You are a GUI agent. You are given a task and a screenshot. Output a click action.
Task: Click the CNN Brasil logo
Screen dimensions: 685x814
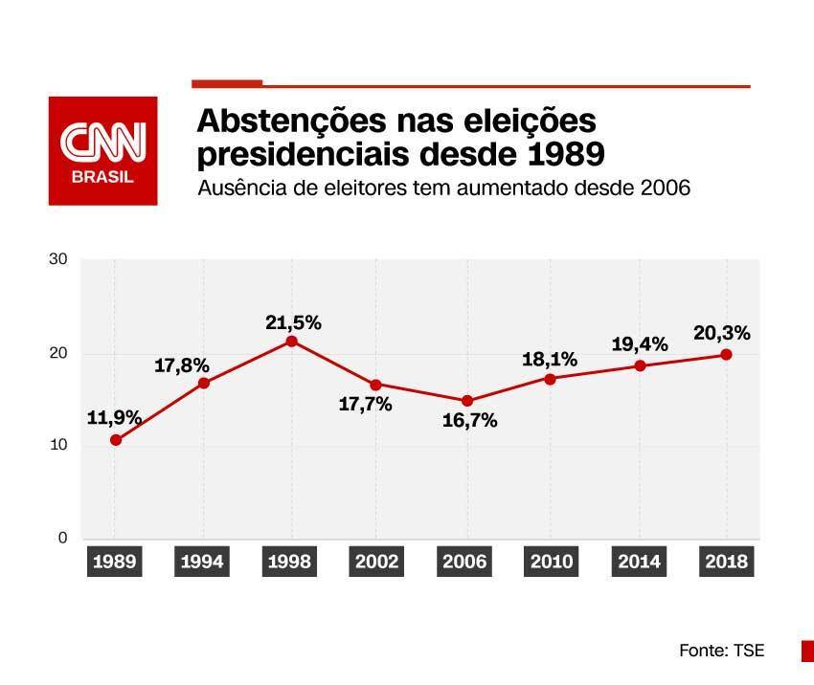pyautogui.click(x=103, y=150)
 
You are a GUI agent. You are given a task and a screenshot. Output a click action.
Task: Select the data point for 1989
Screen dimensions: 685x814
pyautogui.click(x=115, y=440)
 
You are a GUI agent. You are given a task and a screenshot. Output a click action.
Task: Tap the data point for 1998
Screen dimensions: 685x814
pyautogui.click(x=291, y=342)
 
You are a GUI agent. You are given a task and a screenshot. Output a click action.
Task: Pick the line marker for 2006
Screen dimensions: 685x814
pyautogui.click(x=466, y=401)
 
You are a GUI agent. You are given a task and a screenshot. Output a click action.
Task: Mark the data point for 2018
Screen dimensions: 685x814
pyautogui.click(x=726, y=354)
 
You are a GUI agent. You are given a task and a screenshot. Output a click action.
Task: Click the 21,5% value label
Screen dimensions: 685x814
pyautogui.click(x=293, y=322)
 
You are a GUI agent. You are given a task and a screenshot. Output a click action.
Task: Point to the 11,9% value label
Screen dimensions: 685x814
pyautogui.click(x=115, y=418)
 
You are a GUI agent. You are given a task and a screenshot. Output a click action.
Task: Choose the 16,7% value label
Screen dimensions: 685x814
pyautogui.click(x=470, y=421)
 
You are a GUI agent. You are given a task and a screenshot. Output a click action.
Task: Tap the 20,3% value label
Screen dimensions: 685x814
pyautogui.click(x=721, y=334)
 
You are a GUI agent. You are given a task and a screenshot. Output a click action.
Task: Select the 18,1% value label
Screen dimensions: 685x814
pyautogui.click(x=550, y=360)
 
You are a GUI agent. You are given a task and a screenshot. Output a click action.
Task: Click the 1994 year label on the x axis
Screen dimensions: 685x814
pyautogui.click(x=202, y=562)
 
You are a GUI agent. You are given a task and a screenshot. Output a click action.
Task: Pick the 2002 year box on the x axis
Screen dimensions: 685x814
pyautogui.click(x=377, y=562)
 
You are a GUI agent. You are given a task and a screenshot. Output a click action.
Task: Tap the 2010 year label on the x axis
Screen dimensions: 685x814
pyautogui.click(x=552, y=562)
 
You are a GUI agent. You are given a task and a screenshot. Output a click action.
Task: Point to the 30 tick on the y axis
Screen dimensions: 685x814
pyautogui.click(x=58, y=260)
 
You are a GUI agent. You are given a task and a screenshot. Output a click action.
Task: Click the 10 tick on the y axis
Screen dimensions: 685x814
pyautogui.click(x=58, y=446)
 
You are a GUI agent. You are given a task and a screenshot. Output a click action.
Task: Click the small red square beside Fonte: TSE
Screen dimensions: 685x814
pyautogui.click(x=806, y=651)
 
